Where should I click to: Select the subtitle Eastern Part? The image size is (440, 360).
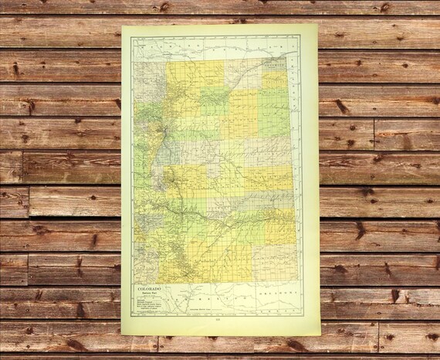tap(152, 297)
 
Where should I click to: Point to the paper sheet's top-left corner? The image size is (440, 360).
tap(123, 25)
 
